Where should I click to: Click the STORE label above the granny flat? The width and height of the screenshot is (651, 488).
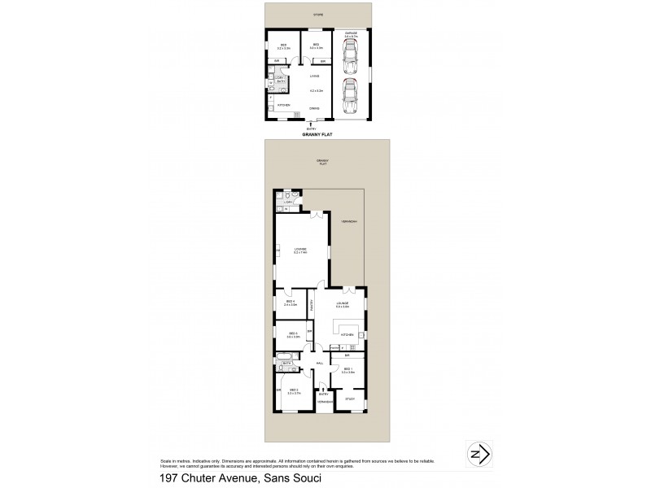pos(319,15)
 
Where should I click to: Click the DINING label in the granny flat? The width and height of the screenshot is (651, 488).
pos(313,108)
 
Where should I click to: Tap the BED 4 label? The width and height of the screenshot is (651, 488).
pos(291,303)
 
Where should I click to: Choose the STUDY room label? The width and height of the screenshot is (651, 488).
pos(350,399)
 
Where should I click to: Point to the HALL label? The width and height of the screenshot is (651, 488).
pos(320,364)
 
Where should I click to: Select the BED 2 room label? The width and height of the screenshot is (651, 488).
pos(294,391)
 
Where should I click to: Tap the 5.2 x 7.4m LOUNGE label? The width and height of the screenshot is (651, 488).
pos(301,251)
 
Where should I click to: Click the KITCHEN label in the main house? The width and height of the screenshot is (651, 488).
pos(345,334)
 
